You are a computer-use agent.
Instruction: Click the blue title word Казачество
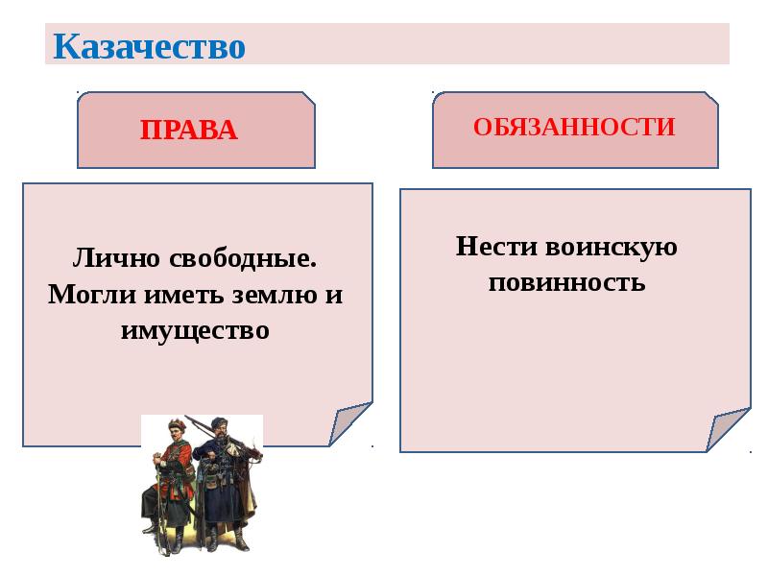coord(149,46)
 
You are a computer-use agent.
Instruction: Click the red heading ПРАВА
coord(189,130)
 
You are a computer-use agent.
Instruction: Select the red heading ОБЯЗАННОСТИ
coord(574,127)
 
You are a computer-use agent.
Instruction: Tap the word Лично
coord(116,257)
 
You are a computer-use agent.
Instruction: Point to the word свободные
coord(239,258)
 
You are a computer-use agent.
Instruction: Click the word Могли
coord(92,295)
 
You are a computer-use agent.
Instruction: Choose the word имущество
coord(196,330)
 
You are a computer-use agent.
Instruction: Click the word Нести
coord(496,246)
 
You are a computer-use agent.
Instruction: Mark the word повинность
coord(566,282)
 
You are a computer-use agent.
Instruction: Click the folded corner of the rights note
coord(348,422)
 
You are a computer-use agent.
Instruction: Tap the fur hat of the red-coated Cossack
coord(177,422)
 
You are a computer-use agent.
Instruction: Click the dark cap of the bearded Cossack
coord(219,421)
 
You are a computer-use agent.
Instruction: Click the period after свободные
coord(314,266)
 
